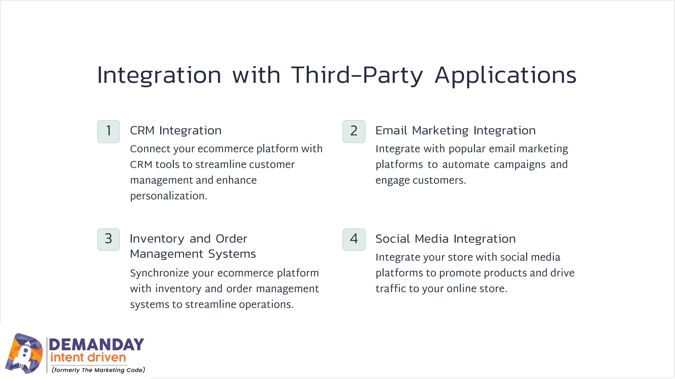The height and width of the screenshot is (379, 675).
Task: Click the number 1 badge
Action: click(x=108, y=132)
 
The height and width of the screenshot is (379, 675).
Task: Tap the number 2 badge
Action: click(x=354, y=132)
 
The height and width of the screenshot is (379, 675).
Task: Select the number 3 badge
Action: click(x=108, y=240)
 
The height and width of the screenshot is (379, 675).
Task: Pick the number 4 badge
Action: click(x=354, y=240)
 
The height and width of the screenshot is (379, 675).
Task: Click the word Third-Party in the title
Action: click(x=357, y=75)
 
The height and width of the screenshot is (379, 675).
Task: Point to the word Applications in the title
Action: click(x=505, y=75)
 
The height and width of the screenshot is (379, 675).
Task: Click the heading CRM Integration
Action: click(x=176, y=131)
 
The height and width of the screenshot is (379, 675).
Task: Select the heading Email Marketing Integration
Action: click(x=455, y=131)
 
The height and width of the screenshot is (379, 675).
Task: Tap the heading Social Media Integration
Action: click(x=446, y=239)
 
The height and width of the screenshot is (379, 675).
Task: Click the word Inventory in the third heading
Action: click(x=157, y=239)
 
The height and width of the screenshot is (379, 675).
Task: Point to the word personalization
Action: click(x=168, y=196)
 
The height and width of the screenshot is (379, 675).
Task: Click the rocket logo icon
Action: click(x=24, y=354)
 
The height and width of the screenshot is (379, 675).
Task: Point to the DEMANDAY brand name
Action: click(x=97, y=344)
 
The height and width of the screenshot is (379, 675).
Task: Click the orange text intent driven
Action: click(x=88, y=358)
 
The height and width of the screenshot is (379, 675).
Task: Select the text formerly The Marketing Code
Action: click(x=98, y=370)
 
